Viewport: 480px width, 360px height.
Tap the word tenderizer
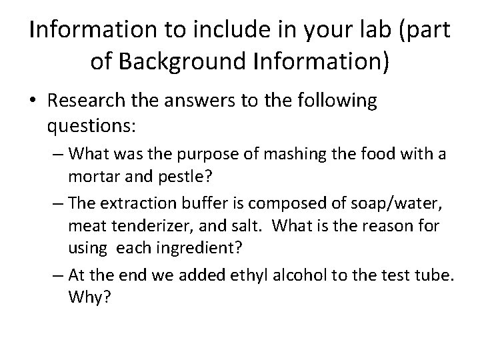156,225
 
